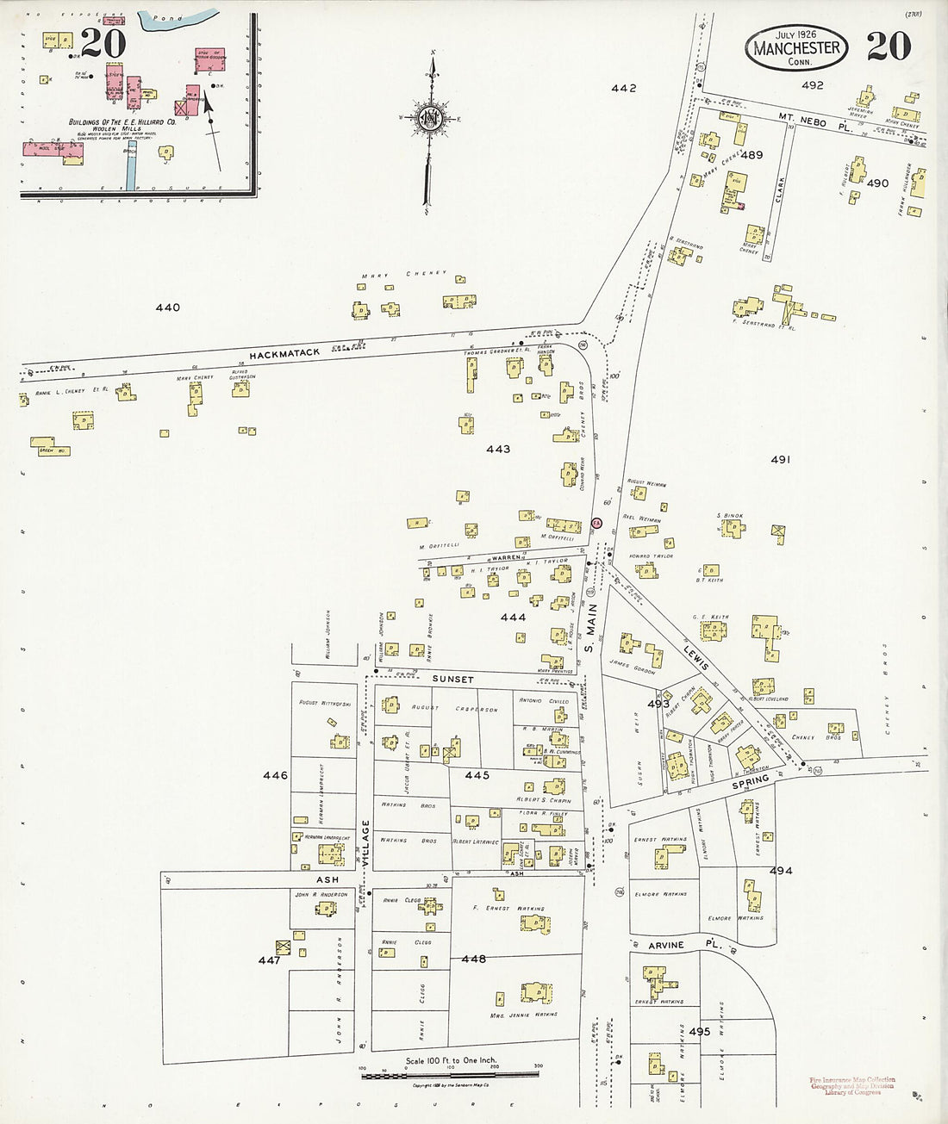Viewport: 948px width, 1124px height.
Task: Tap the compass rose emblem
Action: tap(428, 118)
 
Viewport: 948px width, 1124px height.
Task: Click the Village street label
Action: tap(365, 843)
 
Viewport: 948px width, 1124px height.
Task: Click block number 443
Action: tap(498, 449)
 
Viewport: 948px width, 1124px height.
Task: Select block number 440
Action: tap(167, 307)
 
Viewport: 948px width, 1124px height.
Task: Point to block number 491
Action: tap(780, 460)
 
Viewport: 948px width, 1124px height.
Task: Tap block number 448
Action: tap(473, 959)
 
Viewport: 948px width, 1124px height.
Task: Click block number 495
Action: tap(699, 1031)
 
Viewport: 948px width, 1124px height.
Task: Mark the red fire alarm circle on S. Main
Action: tap(596, 523)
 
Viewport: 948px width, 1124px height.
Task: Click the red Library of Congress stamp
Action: tap(851, 1085)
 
